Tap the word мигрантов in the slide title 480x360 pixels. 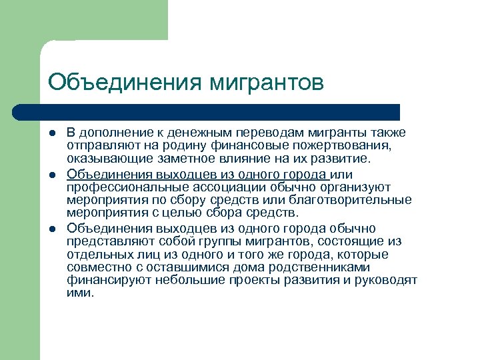coord(265,82)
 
